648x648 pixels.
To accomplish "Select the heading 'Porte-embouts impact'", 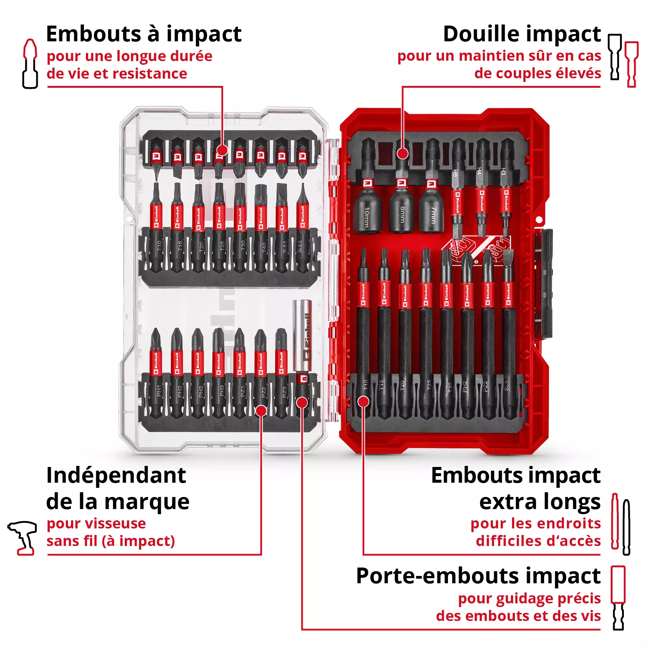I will coord(478,576).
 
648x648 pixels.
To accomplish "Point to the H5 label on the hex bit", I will coord(455,173).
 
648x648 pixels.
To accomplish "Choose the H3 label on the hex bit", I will coord(503,171).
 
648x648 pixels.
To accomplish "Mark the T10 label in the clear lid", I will coord(159,245).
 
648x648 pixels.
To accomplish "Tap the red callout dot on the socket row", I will coord(402,153).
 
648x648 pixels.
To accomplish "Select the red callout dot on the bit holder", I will coord(302,402).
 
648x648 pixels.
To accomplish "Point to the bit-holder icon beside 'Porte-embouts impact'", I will coord(618,598).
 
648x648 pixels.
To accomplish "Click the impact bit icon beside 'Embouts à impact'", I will coord(30,64).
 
